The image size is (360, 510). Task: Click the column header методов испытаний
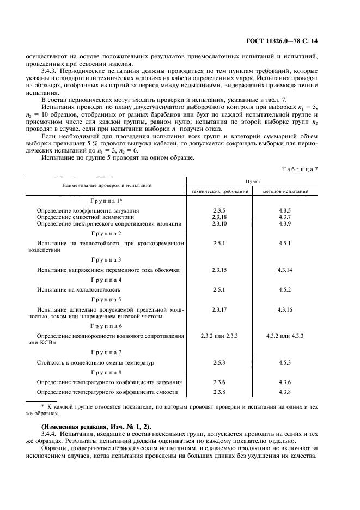[x=285, y=192]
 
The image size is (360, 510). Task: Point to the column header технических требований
[x=219, y=192]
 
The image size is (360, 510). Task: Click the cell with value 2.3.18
[x=219, y=217]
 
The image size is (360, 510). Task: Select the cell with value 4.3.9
[x=285, y=224]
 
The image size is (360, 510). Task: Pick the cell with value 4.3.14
[x=285, y=270]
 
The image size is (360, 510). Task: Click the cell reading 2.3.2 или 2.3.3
[x=219, y=336]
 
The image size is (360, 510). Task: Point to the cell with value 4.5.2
[x=285, y=289]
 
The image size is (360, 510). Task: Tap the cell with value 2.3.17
[x=219, y=309]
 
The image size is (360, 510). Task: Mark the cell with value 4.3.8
[x=285, y=392]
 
